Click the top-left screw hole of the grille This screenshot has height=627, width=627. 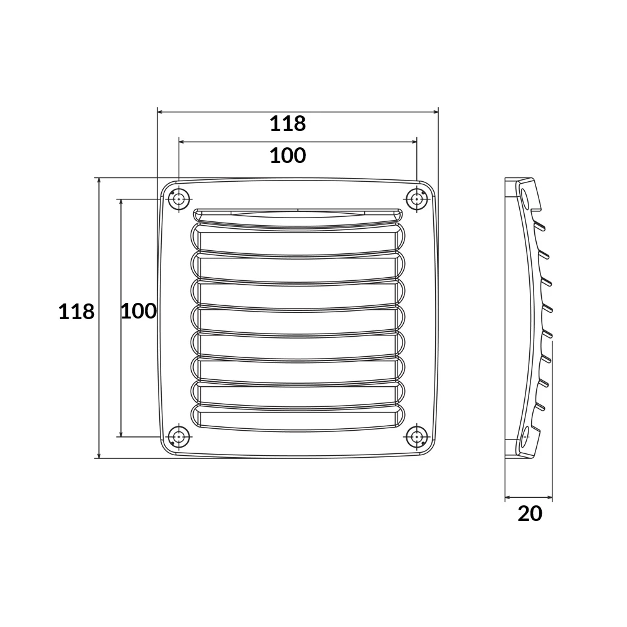[179, 199]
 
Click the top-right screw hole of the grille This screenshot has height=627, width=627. [416, 199]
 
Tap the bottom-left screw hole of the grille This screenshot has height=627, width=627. [179, 436]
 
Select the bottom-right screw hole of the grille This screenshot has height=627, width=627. [416, 436]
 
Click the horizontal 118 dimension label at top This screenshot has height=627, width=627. [288, 124]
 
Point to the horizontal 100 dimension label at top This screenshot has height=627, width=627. [288, 155]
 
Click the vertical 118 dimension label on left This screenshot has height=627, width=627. [76, 312]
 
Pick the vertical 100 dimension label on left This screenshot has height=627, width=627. [138, 310]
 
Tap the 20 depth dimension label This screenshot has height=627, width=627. [530, 514]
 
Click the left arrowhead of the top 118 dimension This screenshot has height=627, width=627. [160, 112]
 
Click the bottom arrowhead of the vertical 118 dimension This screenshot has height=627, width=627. [98, 455]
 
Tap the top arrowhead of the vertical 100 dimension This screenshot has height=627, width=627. [121, 203]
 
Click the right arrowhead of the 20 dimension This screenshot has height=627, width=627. [550, 498]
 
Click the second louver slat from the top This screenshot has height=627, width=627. [298, 239]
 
